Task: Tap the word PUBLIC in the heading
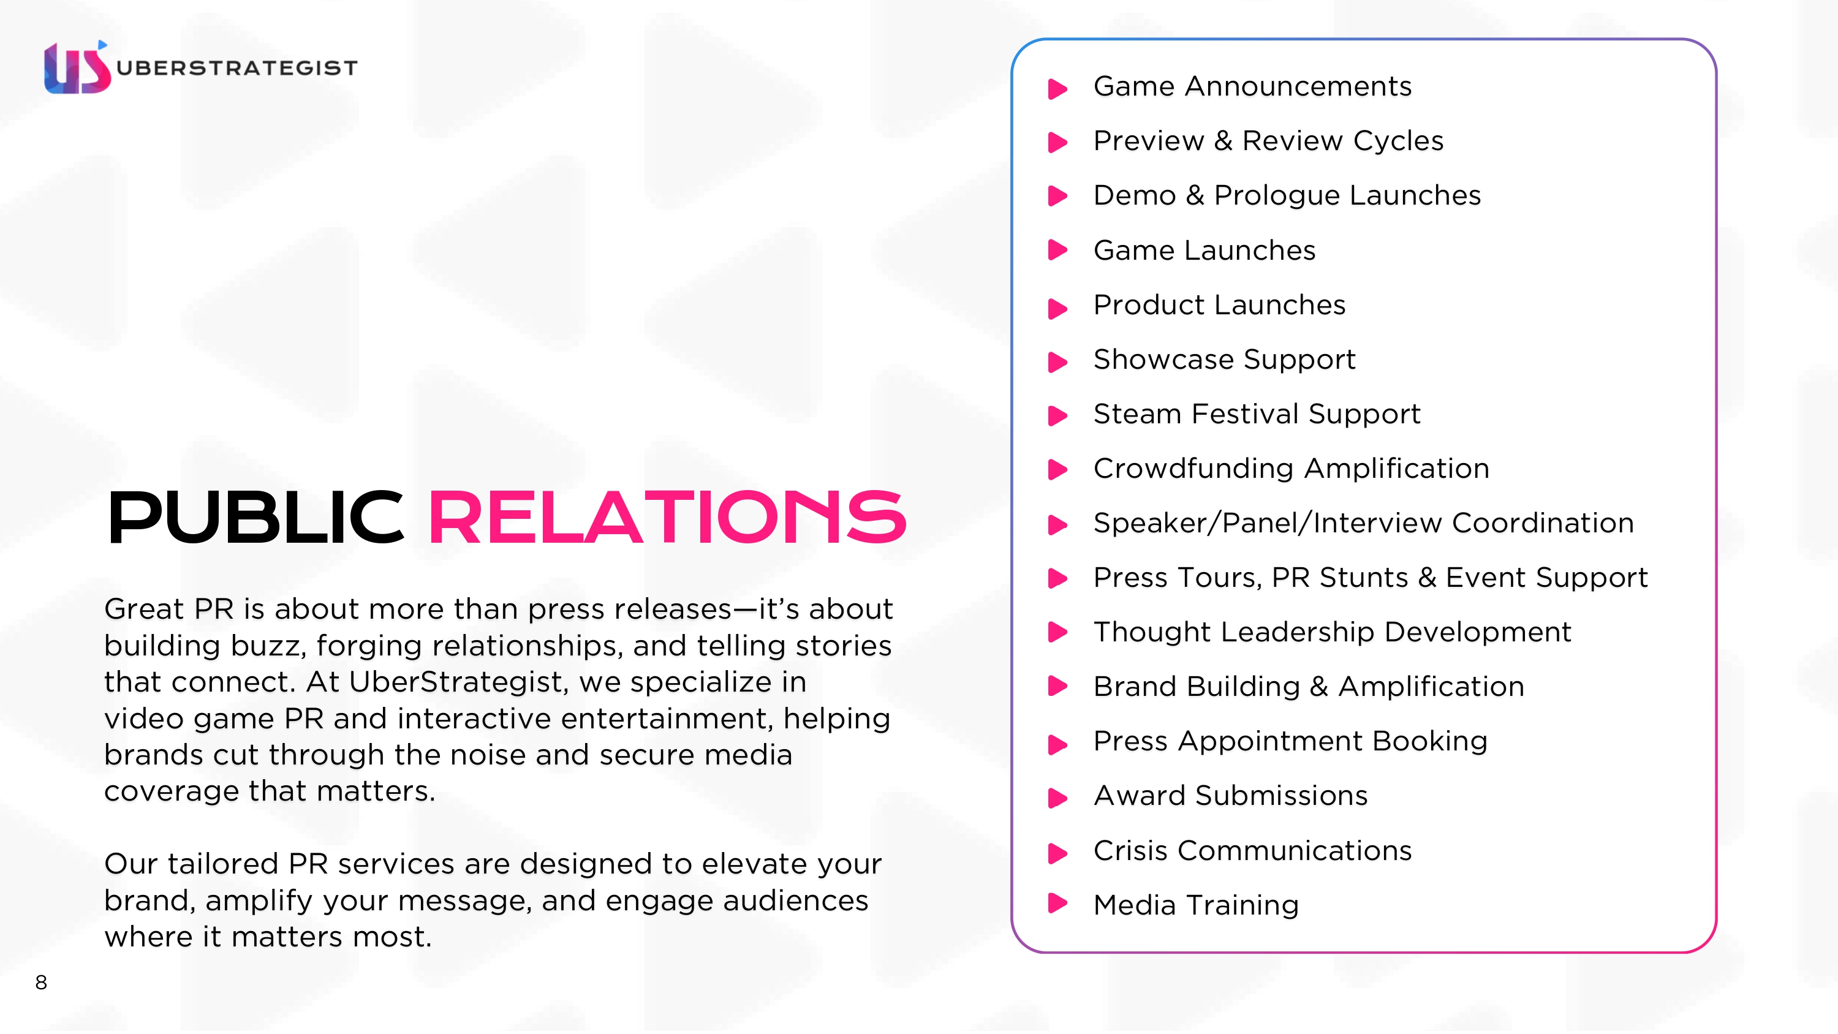(255, 518)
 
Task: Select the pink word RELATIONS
(667, 518)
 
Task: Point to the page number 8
(42, 983)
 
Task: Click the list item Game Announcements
(1252, 86)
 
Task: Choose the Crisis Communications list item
(1252, 851)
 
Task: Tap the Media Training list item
(1196, 905)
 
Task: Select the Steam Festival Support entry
(1257, 414)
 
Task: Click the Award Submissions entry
(1230, 796)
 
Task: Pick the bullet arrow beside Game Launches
(1057, 250)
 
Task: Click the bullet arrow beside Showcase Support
(1057, 361)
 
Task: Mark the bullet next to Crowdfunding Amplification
(1057, 470)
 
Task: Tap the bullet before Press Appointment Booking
(1057, 744)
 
